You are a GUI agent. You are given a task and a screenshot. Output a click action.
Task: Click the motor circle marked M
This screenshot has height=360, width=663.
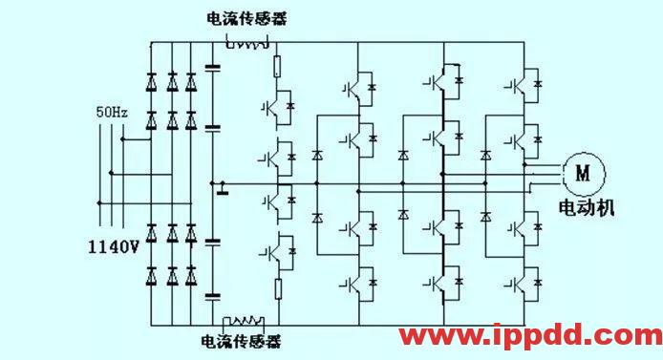(581, 173)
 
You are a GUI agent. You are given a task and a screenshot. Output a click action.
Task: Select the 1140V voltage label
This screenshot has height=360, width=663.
(113, 246)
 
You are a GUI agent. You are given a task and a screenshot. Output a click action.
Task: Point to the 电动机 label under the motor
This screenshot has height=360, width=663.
(585, 207)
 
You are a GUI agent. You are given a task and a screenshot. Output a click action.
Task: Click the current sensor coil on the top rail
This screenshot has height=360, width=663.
(247, 42)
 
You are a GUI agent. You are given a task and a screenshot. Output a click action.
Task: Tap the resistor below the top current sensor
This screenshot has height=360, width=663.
(278, 67)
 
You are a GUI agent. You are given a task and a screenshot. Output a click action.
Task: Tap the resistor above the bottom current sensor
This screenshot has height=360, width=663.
(278, 288)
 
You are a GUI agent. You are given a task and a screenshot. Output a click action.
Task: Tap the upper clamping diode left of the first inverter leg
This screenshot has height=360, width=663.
(316, 154)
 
